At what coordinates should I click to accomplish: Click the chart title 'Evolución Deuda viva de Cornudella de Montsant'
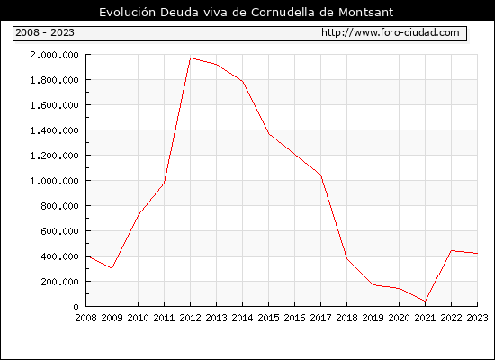tap(247, 12)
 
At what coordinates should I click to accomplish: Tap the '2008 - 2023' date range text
tap(45, 32)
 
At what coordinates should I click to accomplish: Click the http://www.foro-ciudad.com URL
tap(391, 32)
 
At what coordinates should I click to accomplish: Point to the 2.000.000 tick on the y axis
tap(54, 55)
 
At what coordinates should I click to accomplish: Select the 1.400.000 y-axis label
tap(54, 130)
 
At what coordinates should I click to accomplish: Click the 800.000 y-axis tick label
tap(59, 206)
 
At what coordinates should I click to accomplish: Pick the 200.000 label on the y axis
tap(59, 282)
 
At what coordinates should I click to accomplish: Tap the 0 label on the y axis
tap(76, 307)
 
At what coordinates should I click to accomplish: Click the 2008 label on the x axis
tap(85, 318)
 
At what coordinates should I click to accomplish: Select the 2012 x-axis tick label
tap(191, 318)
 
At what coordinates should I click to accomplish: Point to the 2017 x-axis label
tap(320, 318)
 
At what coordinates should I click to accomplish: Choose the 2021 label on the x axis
tap(425, 318)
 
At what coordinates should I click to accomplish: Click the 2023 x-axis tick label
tap(477, 318)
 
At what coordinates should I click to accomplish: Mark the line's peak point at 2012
tap(191, 58)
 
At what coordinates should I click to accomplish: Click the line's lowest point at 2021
tap(425, 301)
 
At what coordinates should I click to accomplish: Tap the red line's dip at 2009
tap(112, 268)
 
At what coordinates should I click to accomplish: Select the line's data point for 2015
tap(269, 134)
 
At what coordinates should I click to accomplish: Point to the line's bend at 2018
tap(346, 258)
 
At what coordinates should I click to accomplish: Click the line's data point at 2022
tap(452, 250)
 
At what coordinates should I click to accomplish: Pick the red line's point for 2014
tap(242, 82)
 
